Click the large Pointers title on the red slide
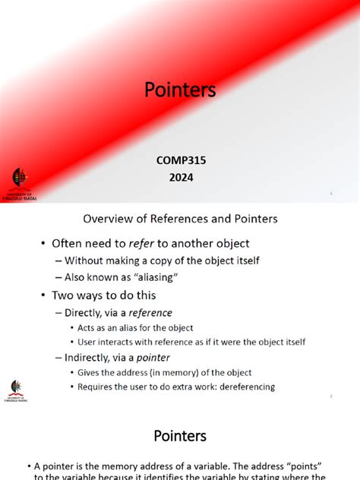pyautogui.click(x=180, y=90)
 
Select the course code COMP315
pyautogui.click(x=181, y=160)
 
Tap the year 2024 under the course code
pyautogui.click(x=181, y=178)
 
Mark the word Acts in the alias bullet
pyautogui.click(x=87, y=327)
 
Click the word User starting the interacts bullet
pyautogui.click(x=88, y=342)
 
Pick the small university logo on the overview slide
pyautogui.click(x=16, y=390)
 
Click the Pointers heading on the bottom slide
pyautogui.click(x=180, y=435)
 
